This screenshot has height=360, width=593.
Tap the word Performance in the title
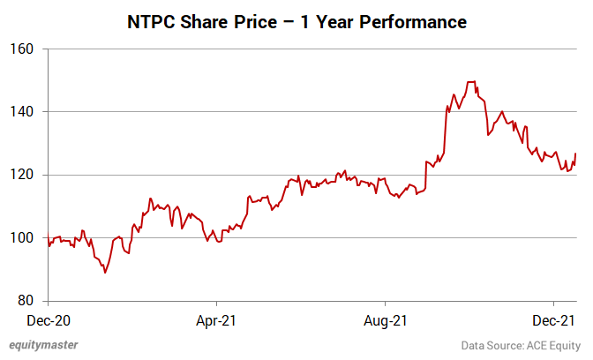[413, 20]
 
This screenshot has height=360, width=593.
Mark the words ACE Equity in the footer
[554, 345]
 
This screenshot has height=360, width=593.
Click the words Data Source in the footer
[492, 345]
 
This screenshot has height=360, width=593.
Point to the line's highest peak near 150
[471, 82]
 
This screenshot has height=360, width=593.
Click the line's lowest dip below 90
[105, 273]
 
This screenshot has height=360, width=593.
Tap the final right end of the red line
[575, 154]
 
